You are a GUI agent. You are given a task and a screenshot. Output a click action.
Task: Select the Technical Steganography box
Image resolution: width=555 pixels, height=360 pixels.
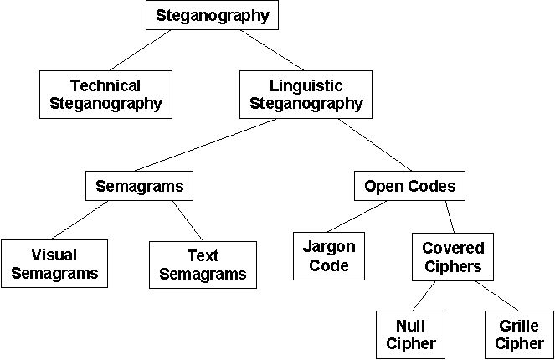coord(105,94)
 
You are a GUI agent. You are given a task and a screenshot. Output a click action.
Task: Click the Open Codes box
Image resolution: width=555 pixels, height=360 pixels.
coord(409,185)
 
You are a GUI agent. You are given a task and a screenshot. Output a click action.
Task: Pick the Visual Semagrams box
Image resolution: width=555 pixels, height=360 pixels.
coord(54,263)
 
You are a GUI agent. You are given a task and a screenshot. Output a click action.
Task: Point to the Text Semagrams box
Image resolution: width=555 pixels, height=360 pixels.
coord(203,265)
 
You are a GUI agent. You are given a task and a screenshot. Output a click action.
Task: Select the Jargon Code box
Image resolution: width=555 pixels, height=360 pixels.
coord(330,256)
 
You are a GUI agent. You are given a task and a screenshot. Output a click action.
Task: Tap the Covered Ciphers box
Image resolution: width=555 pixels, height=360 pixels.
coord(452,256)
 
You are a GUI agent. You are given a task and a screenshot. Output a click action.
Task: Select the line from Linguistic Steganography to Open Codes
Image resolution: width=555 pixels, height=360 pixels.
coord(375,144)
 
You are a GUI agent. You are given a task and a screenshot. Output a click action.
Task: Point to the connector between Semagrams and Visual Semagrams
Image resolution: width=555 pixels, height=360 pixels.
coord(84,220)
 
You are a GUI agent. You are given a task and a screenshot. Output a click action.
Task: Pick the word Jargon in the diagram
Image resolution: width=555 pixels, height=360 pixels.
coord(330,248)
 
